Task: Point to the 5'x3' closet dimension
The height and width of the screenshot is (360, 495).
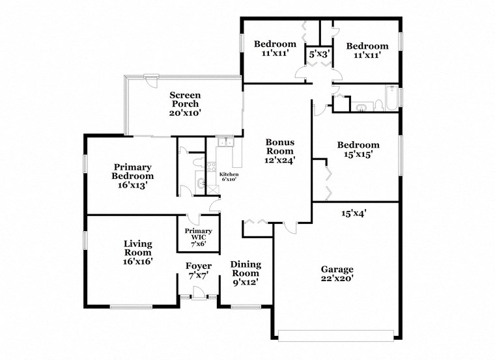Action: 319,54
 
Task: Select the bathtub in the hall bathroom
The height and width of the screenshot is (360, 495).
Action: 390,99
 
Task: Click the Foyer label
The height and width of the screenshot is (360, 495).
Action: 198,270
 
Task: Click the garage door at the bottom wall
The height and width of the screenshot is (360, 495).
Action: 337,335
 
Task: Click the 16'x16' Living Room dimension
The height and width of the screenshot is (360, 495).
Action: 138,261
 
